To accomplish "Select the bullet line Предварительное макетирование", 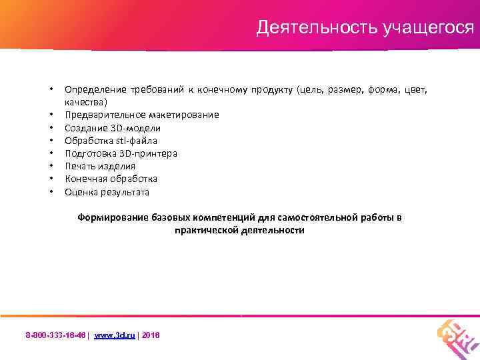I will (141, 115).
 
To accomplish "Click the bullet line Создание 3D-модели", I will (113, 128).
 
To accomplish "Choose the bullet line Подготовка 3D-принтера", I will (121, 153).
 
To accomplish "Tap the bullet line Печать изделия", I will (99, 166).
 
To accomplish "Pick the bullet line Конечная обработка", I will (111, 179).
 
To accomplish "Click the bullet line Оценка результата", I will (107, 192).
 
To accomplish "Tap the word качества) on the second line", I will (86, 103).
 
